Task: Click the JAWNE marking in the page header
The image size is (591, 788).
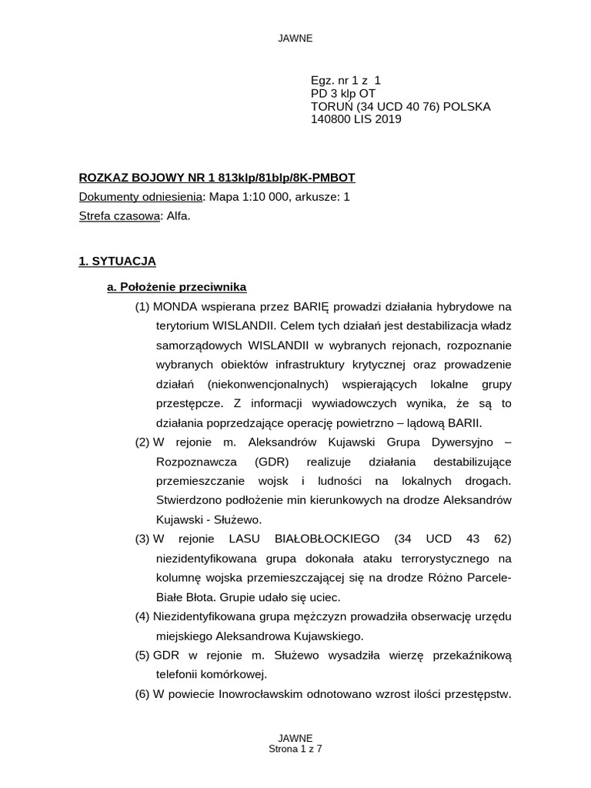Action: [295, 38]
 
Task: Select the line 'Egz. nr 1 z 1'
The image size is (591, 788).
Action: [346, 80]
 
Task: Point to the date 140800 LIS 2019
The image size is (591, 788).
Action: [356, 119]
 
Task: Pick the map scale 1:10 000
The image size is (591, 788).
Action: [255, 197]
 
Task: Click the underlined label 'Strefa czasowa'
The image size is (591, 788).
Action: [119, 216]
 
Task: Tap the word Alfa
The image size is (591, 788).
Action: [178, 216]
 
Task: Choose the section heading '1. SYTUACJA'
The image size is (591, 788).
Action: [117, 262]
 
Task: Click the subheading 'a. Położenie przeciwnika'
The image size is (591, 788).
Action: [176, 287]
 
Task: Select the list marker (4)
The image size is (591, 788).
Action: [143, 616]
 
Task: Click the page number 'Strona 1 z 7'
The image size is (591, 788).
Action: [295, 748]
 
